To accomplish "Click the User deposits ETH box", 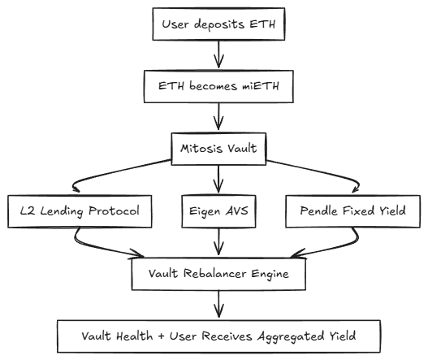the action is [x=218, y=24].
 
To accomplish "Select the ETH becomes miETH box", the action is [x=218, y=86].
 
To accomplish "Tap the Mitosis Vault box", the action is [x=218, y=149].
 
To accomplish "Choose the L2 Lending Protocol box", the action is [x=80, y=211].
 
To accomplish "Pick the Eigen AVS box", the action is [x=218, y=211].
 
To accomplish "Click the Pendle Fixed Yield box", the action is [x=352, y=211].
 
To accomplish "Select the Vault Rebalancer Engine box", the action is [x=218, y=274].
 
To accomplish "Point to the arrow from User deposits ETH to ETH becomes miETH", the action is [x=218, y=54].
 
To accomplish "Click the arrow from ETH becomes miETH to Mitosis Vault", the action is [x=218, y=117].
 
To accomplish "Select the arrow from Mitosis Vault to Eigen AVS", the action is [x=218, y=179].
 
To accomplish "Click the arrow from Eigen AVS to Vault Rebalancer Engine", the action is [x=218, y=241].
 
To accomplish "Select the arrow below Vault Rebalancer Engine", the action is [x=218, y=304].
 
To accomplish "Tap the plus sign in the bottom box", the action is [x=162, y=336].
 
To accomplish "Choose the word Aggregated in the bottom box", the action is [x=291, y=336].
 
